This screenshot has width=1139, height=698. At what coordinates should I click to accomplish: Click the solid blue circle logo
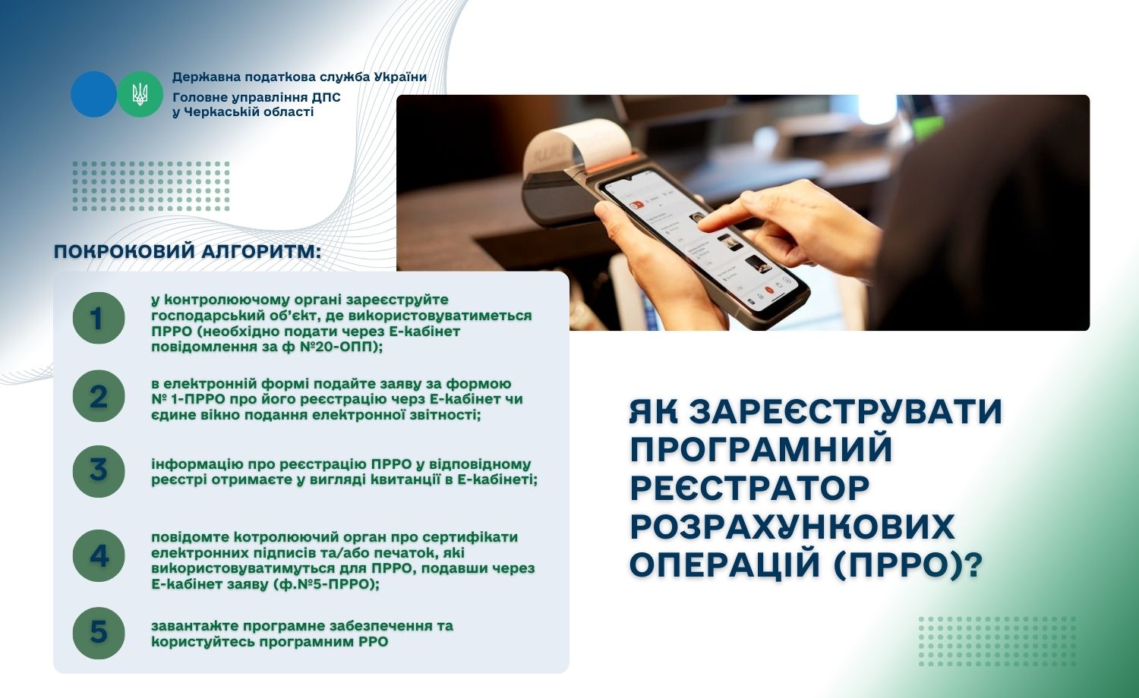coord(93,94)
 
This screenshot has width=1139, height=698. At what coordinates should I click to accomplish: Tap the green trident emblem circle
coord(140,94)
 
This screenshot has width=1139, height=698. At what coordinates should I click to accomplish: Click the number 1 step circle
coord(99,318)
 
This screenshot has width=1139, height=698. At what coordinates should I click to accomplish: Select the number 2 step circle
coord(99,396)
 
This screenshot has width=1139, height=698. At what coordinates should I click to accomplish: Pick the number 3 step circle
coord(99,471)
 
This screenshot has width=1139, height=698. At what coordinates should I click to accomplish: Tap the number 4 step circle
coord(99,556)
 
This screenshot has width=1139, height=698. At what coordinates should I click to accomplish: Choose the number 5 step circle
coord(99,633)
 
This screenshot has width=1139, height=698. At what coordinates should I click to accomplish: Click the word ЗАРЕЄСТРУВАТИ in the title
coord(846,411)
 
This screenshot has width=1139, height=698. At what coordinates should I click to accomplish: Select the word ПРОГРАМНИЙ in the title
coord(761,448)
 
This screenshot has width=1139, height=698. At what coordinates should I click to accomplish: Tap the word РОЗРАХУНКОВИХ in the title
coord(792,527)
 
